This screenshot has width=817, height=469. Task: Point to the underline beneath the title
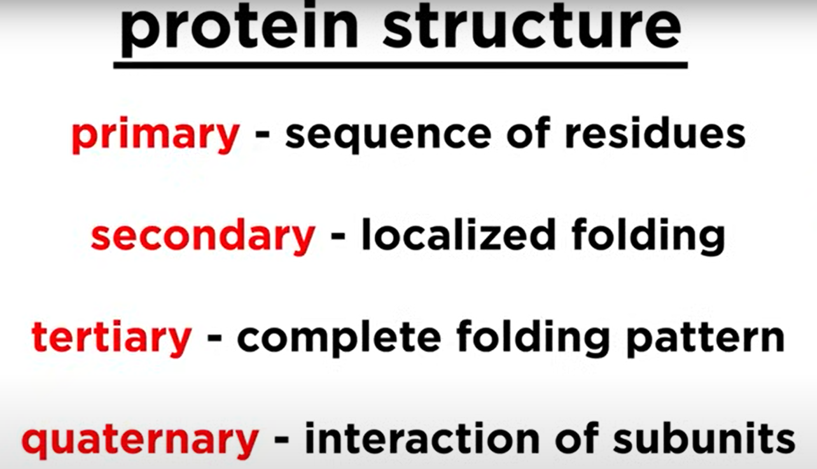400,66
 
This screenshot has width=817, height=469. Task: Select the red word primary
155,135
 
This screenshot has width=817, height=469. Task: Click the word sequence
388,136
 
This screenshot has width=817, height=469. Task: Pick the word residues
655,134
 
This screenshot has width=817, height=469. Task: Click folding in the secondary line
648,237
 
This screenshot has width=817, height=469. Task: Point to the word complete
339,339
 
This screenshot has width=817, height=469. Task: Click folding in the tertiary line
533,339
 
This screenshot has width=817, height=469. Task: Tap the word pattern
706,340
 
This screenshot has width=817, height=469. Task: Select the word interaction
422,438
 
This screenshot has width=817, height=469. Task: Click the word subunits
704,438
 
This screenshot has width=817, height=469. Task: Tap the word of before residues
528,134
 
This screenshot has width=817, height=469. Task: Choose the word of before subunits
576,438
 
